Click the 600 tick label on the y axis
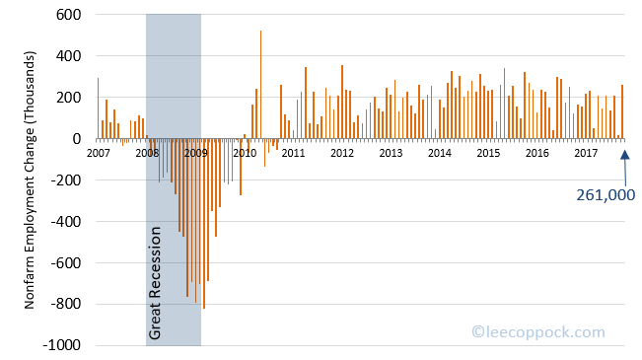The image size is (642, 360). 67,15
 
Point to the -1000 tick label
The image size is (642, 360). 61,346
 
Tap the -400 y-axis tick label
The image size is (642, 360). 65,222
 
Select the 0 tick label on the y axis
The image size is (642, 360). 75,139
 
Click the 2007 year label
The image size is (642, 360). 99,153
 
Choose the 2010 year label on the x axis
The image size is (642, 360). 245,153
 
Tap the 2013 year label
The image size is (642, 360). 391,153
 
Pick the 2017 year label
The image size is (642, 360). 586,153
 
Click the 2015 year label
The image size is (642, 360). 488,153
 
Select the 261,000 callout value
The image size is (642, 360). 606,195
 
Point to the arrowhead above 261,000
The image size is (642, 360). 624,153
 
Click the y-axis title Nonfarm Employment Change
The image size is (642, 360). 31,180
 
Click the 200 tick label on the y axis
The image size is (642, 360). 67,98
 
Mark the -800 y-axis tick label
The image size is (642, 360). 65,305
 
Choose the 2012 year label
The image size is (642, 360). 342,153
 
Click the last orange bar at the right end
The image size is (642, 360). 622,112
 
